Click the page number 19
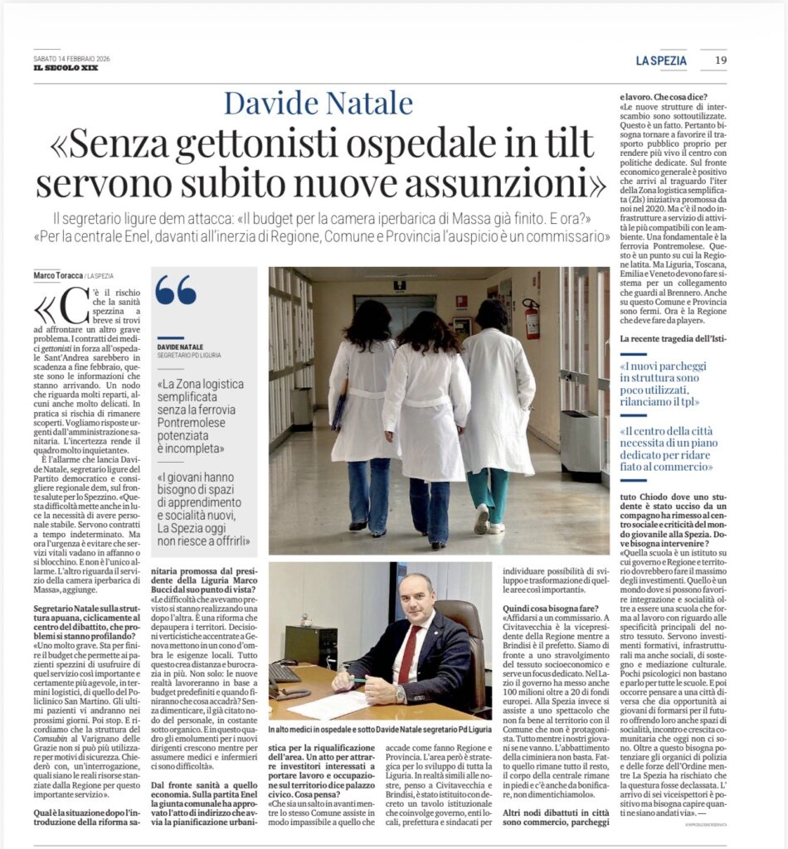point(720,60)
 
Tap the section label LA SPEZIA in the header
point(661,60)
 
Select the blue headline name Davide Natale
point(318,103)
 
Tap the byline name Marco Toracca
point(59,275)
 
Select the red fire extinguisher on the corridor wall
point(531,318)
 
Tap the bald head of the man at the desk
point(416,591)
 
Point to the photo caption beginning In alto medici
point(381,728)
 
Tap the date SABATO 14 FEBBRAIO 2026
point(72,59)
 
